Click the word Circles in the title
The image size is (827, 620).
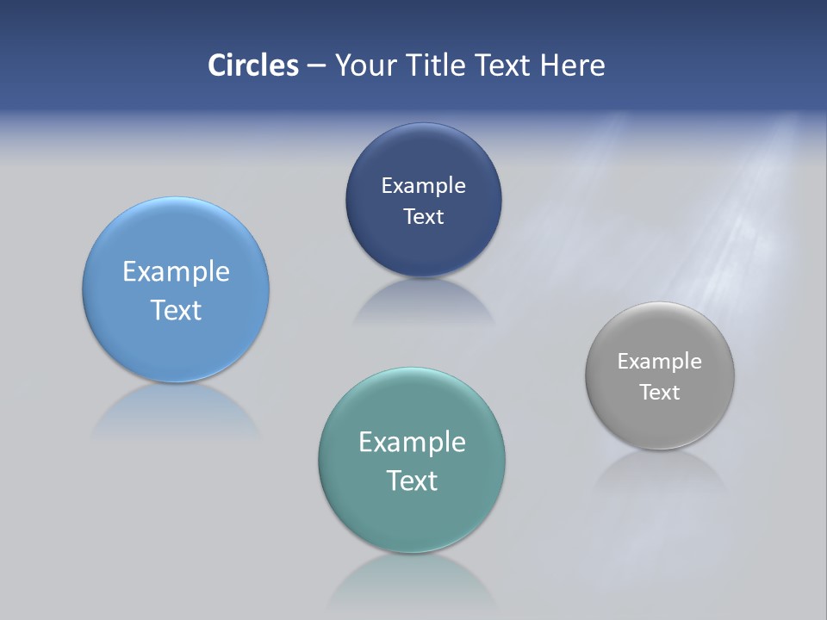point(252,65)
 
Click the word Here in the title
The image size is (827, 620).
point(572,65)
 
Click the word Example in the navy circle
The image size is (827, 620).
point(423,186)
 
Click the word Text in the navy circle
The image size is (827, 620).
point(423,217)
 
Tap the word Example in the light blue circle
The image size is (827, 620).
point(176,272)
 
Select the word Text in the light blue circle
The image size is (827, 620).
point(176,310)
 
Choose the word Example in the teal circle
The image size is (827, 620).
point(412,443)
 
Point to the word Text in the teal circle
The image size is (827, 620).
point(412,480)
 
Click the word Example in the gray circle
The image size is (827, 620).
point(659,362)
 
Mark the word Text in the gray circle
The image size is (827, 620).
point(659,393)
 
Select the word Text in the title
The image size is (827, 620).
point(505,65)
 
